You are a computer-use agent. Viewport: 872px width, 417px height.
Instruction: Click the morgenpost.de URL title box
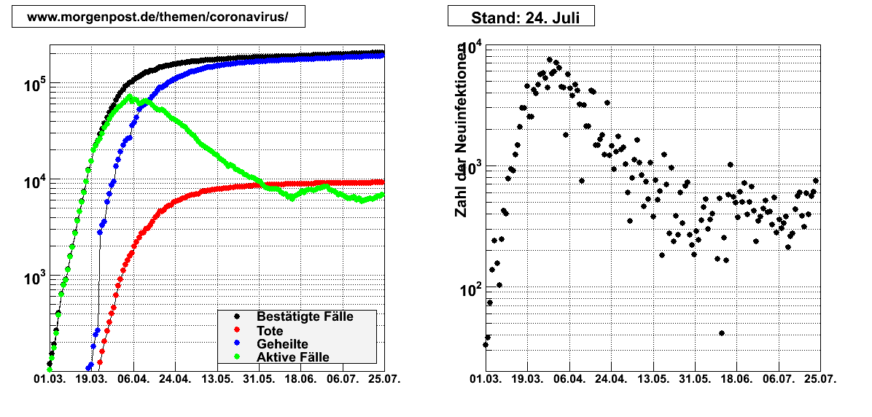click(158, 16)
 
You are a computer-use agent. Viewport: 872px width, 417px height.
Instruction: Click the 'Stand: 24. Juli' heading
click(521, 17)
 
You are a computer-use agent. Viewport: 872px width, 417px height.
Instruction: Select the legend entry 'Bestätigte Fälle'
click(305, 317)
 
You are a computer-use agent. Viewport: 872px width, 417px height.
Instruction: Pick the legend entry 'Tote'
click(270, 331)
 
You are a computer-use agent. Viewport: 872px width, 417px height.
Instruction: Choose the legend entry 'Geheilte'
click(282, 344)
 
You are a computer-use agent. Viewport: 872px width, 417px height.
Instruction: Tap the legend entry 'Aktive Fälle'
click(293, 357)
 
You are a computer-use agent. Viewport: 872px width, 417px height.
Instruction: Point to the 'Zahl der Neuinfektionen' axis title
click(461, 131)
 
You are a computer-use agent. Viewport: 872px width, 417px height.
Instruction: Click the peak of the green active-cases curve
click(129, 96)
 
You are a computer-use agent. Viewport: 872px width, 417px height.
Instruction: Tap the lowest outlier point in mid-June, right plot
click(721, 333)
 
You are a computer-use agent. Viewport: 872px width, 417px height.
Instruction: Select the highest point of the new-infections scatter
click(550, 60)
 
